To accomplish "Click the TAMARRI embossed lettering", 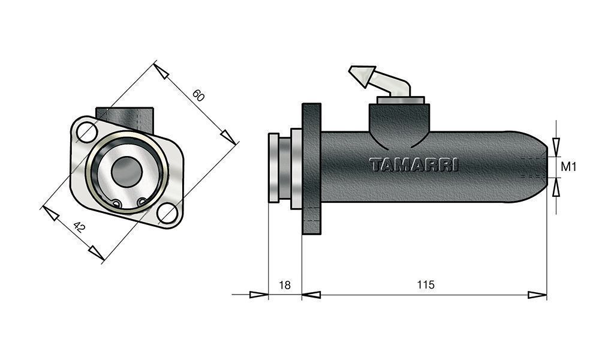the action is pyautogui.click(x=414, y=164).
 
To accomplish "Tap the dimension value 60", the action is pyautogui.click(x=198, y=95).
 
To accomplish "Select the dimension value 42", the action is pyautogui.click(x=79, y=227).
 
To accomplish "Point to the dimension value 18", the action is pyautogui.click(x=285, y=285).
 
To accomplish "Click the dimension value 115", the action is pyautogui.click(x=426, y=284).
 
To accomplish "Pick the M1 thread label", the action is pyautogui.click(x=568, y=167).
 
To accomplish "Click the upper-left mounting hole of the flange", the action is pyautogui.click(x=87, y=132).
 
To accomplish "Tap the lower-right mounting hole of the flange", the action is pyautogui.click(x=167, y=213).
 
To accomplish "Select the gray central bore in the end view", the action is pyautogui.click(x=127, y=172).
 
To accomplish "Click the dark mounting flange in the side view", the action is pyautogui.click(x=312, y=169).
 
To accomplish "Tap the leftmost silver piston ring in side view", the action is pyautogui.click(x=273, y=167).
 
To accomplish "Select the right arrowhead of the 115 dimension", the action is pyautogui.click(x=537, y=295).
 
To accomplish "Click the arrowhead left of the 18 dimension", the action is pyautogui.click(x=259, y=295).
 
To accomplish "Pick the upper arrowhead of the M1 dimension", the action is pyautogui.click(x=556, y=147).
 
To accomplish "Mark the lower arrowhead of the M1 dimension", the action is pyautogui.click(x=556, y=187).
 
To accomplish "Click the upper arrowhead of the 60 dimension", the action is pyautogui.click(x=161, y=71).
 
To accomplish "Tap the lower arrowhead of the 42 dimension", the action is pyautogui.click(x=97, y=253).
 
